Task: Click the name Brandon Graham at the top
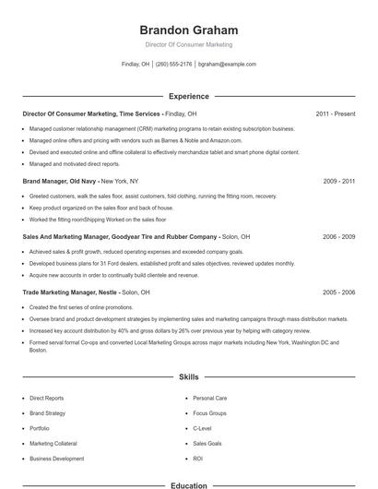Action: (189, 30)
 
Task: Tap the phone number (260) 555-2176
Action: (173, 65)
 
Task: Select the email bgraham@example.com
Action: (227, 65)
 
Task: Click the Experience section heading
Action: (189, 96)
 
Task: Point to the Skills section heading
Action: (189, 377)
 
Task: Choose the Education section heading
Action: (189, 484)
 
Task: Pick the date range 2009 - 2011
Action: (339, 182)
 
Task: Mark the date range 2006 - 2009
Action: (339, 236)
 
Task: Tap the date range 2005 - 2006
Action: (339, 292)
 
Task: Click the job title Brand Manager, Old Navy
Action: (59, 182)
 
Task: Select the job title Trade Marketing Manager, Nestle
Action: (70, 292)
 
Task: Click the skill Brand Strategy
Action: (48, 413)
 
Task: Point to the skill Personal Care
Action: (210, 399)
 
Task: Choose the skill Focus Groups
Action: (210, 413)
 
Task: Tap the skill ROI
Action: (198, 459)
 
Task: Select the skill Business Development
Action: (57, 459)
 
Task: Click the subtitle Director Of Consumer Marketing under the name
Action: (189, 44)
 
